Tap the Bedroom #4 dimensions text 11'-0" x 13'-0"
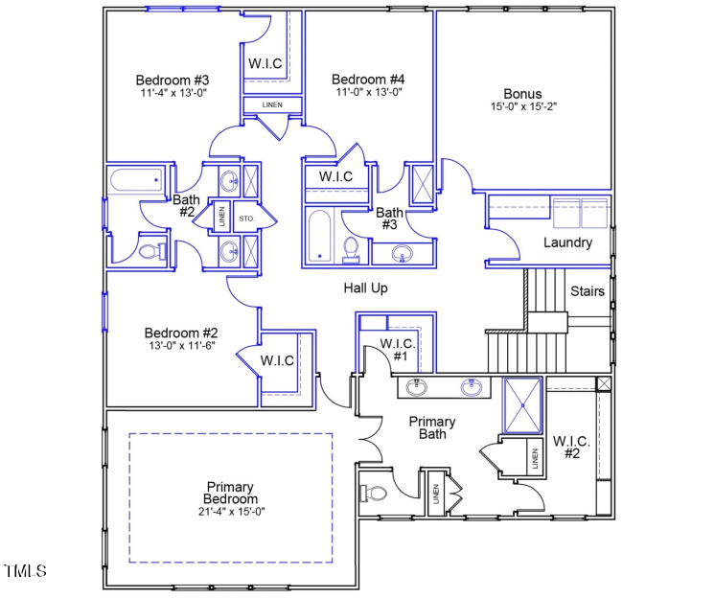[368, 93]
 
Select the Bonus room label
[522, 93]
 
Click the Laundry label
[567, 242]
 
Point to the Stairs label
[588, 290]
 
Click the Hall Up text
[366, 287]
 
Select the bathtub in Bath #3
[320, 236]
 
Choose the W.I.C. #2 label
[571, 448]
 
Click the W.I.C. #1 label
[396, 349]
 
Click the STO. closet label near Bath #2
[245, 218]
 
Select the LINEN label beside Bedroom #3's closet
[272, 103]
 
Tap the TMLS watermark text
[26, 571]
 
